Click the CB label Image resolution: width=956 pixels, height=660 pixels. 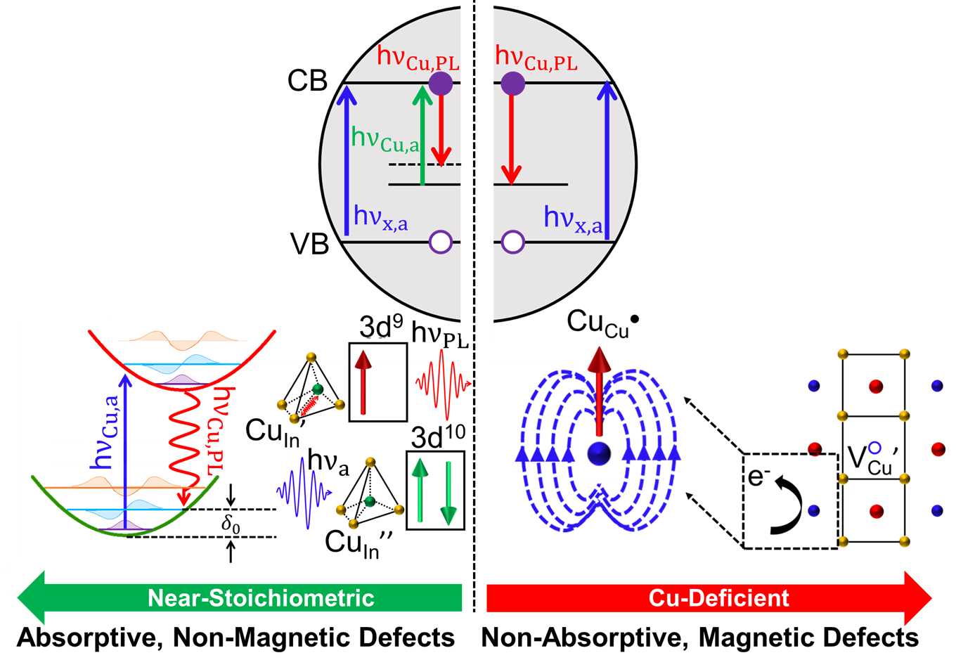307,80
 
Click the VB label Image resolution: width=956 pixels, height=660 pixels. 309,244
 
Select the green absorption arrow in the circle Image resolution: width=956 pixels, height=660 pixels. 422,135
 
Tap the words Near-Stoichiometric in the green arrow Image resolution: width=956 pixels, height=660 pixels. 261,597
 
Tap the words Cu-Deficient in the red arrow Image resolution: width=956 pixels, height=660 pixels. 718,597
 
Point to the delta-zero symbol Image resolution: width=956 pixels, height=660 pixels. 231,524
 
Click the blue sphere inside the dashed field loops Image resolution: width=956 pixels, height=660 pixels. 599,453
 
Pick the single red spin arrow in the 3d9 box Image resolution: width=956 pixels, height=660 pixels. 363,382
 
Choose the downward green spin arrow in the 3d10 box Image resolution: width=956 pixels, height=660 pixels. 448,493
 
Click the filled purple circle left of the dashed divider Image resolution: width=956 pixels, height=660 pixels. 441,83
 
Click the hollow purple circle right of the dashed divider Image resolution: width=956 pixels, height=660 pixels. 512,242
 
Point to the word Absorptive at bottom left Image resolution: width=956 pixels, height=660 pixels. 89,638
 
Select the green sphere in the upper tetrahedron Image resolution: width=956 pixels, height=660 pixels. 318,389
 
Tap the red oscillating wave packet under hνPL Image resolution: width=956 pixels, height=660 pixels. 444,384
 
